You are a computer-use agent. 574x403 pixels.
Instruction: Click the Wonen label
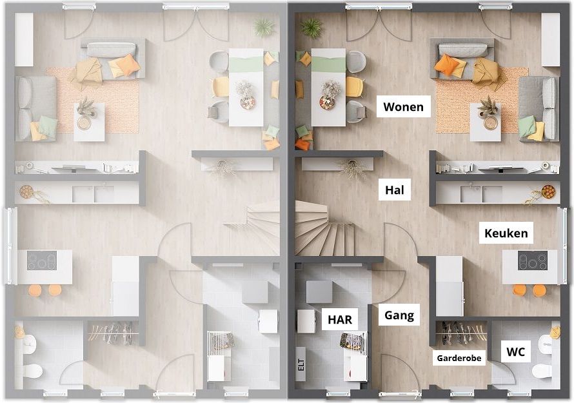403,107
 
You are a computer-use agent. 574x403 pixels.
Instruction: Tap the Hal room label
394,190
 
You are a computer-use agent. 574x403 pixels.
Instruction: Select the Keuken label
506,233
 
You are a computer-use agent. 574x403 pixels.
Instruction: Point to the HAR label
340,320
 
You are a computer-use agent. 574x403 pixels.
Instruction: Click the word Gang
399,315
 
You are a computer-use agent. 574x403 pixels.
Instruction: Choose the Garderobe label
459,358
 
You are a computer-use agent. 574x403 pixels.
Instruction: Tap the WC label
515,352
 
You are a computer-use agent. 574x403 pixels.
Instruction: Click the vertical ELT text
301,364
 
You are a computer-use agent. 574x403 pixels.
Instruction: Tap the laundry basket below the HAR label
352,341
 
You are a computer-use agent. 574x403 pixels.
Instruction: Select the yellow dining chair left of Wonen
354,86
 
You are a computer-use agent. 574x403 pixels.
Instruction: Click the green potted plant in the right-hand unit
311,28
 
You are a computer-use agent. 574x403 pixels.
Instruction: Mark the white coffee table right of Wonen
486,122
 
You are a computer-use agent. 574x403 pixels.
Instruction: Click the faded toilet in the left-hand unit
33,371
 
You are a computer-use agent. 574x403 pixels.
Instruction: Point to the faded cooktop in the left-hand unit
42,260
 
